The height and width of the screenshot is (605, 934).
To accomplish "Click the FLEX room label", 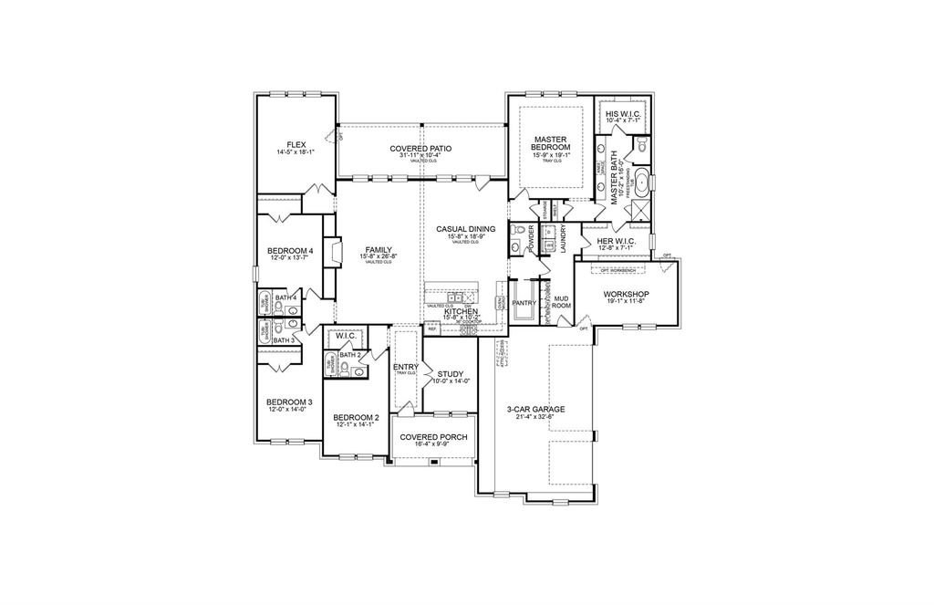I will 296,145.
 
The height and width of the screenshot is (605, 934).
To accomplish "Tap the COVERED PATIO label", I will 420,148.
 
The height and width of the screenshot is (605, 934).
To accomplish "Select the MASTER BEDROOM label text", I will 552,142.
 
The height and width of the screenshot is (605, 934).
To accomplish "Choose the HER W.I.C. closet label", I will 617,242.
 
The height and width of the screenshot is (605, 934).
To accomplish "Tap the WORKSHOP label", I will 625,295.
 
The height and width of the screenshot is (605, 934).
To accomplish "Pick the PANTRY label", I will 524,302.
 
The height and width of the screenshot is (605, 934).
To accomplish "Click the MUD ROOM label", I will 562,302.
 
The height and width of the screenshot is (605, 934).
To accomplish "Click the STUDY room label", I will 451,373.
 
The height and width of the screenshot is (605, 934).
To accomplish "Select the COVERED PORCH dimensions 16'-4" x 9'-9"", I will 433,445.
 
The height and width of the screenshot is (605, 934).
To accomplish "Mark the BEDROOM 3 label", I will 289,402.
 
